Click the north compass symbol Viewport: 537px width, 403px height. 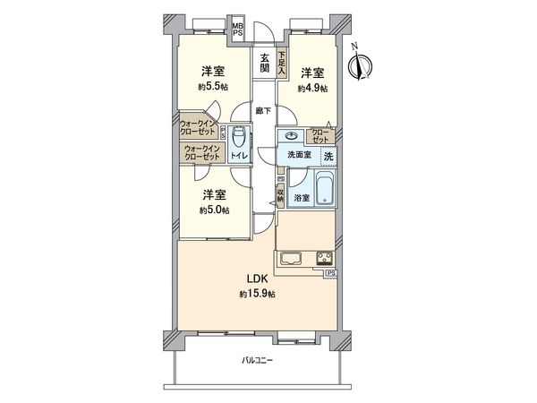pos(362,64)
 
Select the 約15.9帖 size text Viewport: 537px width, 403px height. pos(256,295)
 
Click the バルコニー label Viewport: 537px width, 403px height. pos(258,361)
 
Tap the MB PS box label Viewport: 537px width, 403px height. pos(238,30)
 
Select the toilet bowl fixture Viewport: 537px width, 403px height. pos(238,140)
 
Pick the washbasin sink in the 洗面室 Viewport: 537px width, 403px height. pos(291,137)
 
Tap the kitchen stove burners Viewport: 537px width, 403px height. pos(322,259)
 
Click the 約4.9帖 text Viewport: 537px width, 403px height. pos(313,89)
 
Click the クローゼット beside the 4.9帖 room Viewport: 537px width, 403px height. pos(320,136)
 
